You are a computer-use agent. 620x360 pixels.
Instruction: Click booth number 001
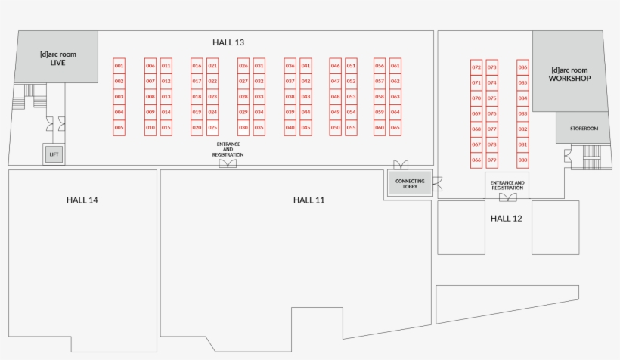coord(119,66)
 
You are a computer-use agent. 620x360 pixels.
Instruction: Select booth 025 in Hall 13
coord(212,128)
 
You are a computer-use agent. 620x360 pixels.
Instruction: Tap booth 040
coord(290,128)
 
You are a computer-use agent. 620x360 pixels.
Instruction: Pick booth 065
coord(395,128)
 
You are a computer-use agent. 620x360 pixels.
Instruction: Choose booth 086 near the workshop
coord(522,67)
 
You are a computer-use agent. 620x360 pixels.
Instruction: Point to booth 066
coord(476,160)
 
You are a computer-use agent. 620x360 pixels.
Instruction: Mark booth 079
coord(492,160)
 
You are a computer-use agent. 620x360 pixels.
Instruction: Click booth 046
coord(335,66)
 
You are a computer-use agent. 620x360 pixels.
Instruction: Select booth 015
coord(166,128)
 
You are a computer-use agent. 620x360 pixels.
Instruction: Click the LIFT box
coord(54,154)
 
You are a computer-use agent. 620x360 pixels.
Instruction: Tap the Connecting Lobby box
coord(410,183)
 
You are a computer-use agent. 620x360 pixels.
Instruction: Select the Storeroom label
coord(584,129)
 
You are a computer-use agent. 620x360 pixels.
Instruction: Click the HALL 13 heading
coord(228,42)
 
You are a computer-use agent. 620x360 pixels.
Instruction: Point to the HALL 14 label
coord(82,200)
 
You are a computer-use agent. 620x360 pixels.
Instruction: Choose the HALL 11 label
coord(308,200)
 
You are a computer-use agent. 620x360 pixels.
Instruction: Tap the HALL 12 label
coord(507,218)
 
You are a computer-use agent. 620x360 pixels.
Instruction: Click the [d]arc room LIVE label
coord(57,58)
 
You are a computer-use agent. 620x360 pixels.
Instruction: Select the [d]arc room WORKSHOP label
coord(569,74)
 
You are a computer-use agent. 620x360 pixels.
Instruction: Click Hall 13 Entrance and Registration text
coord(228,149)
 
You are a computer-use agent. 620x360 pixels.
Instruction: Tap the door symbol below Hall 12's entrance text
coord(507,197)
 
